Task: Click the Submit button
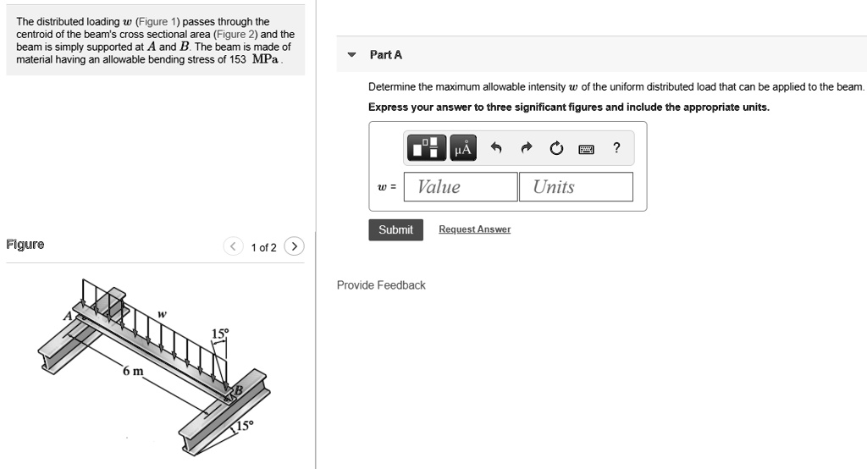pyautogui.click(x=395, y=229)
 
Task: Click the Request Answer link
pyautogui.click(x=474, y=229)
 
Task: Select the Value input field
pyautogui.click(x=460, y=187)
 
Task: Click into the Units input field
pyautogui.click(x=577, y=187)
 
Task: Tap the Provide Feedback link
pyautogui.click(x=381, y=285)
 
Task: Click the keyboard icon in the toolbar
pyautogui.click(x=585, y=149)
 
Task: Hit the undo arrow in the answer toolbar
pyautogui.click(x=497, y=149)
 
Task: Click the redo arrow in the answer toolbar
pyautogui.click(x=527, y=149)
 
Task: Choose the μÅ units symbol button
pyautogui.click(x=463, y=149)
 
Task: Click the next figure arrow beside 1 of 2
pyautogui.click(x=294, y=247)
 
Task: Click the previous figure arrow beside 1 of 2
pyautogui.click(x=233, y=247)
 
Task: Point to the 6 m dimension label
pyautogui.click(x=133, y=372)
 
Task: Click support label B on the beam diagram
pyautogui.click(x=238, y=390)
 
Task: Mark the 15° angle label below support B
pyautogui.click(x=244, y=425)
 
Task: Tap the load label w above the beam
pyautogui.click(x=162, y=314)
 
